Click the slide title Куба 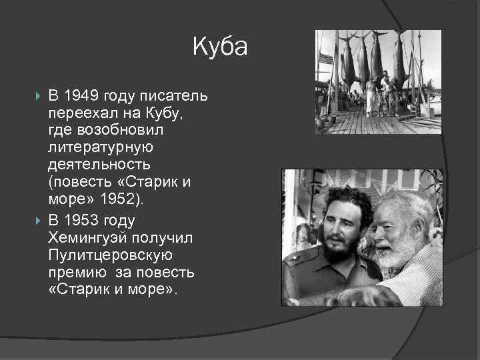point(220,47)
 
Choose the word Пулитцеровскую point(110,255)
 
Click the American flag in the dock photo point(325,59)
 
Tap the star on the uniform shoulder point(294,257)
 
